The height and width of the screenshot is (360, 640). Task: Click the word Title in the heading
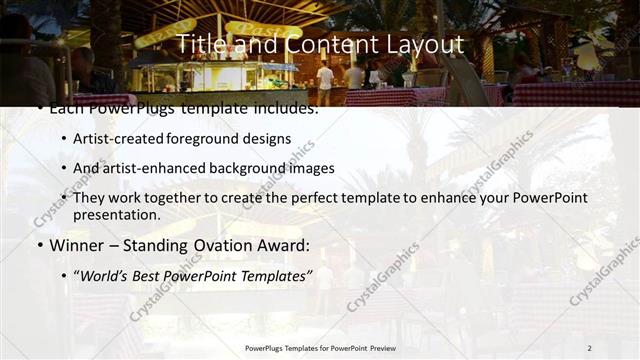pos(200,45)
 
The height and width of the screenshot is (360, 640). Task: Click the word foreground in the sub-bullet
pos(215,138)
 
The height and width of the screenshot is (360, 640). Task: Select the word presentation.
pos(116,215)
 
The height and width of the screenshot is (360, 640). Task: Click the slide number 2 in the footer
pos(589,348)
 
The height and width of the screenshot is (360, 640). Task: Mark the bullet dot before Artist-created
pos(64,138)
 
